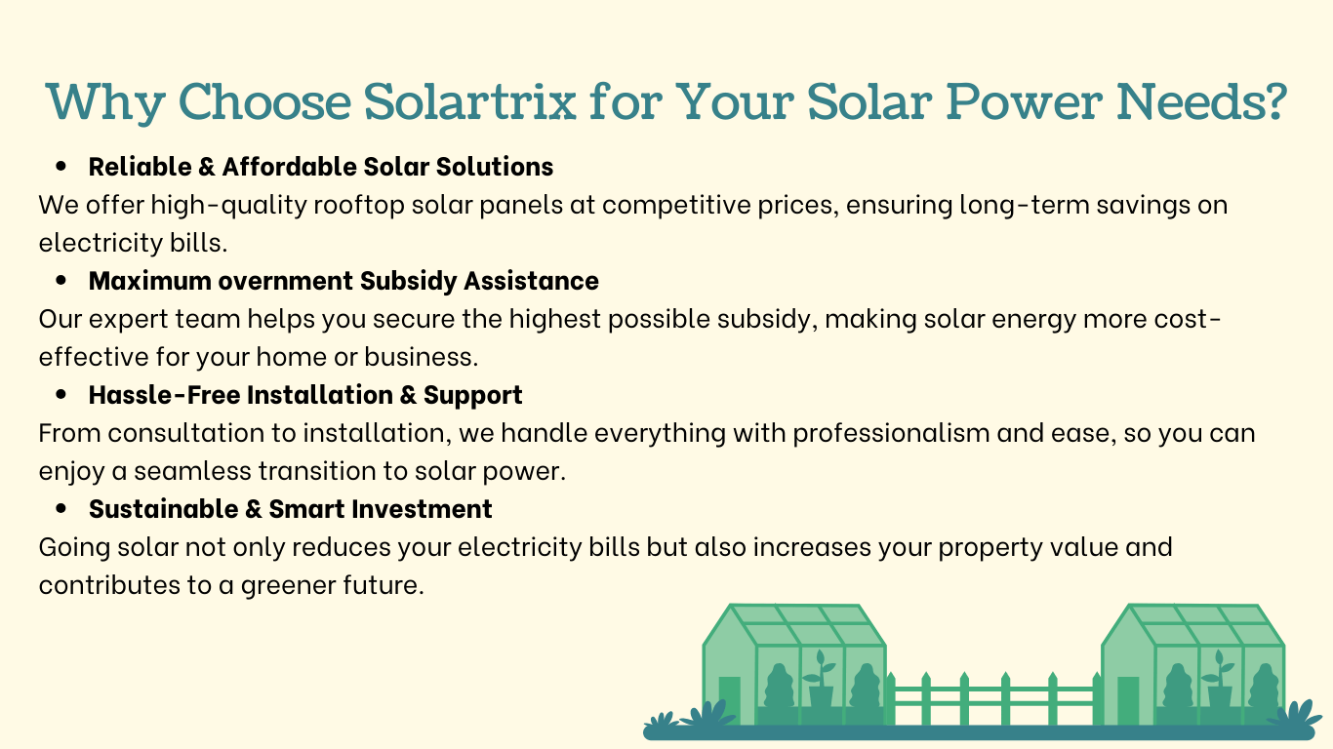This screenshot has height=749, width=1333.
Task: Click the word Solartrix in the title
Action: [469, 101]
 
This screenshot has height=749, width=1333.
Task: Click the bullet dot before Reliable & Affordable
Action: [61, 167]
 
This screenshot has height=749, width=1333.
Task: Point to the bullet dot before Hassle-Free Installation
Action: [61, 394]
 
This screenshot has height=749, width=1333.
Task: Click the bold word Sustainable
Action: [164, 509]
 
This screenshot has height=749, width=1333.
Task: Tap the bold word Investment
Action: [422, 509]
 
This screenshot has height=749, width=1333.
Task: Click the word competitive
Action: [676, 206]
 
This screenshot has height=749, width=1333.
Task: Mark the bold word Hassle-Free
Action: [164, 395]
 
